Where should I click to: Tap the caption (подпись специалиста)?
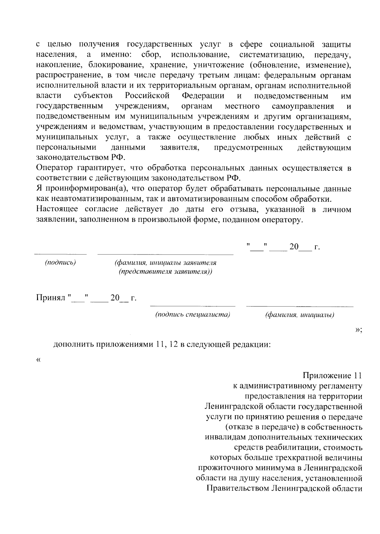point(193,315)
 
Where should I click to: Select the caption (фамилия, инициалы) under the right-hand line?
point(300,315)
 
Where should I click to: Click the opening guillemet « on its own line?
point(39,360)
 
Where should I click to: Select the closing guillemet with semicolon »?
point(358,330)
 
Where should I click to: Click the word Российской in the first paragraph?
point(147,96)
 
